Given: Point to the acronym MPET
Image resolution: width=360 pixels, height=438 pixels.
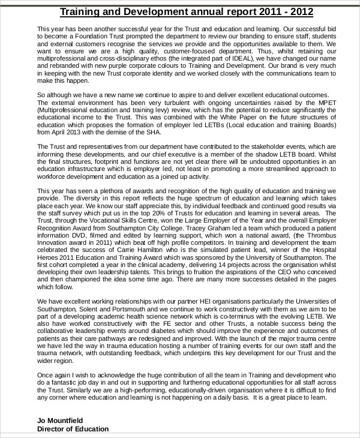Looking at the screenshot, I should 317,103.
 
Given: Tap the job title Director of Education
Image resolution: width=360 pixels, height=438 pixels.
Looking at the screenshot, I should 73,428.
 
